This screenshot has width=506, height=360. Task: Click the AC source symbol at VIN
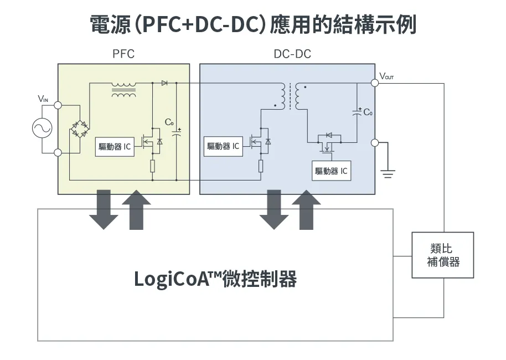pyautogui.click(x=42, y=128)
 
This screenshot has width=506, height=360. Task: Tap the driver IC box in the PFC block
pyautogui.click(x=115, y=147)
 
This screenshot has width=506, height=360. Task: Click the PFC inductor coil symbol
pyautogui.click(x=123, y=90)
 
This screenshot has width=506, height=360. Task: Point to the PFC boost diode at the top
pyautogui.click(x=164, y=83)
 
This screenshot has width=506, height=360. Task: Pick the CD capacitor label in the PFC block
pyautogui.click(x=169, y=122)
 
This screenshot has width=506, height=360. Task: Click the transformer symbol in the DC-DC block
pyautogui.click(x=290, y=97)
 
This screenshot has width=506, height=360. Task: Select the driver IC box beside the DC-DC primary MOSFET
pyautogui.click(x=223, y=146)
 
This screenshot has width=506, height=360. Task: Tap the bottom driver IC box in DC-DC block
pyautogui.click(x=331, y=171)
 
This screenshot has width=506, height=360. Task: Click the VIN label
pyautogui.click(x=43, y=99)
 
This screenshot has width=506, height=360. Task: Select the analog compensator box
pyautogui.click(x=443, y=255)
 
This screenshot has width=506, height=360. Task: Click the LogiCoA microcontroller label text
pyautogui.click(x=215, y=279)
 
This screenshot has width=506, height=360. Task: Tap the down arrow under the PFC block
pyautogui.click(x=104, y=209)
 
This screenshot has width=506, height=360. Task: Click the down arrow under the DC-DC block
pyautogui.click(x=273, y=209)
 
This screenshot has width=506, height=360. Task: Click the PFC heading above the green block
pyautogui.click(x=123, y=54)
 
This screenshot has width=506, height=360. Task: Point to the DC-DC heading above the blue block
pyautogui.click(x=292, y=54)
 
